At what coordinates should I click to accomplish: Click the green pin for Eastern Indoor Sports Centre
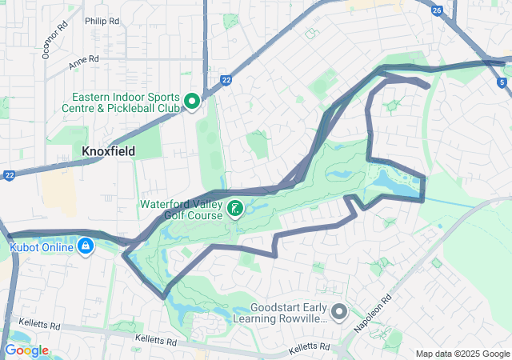point(192,101)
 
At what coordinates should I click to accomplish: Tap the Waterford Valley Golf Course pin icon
point(235,210)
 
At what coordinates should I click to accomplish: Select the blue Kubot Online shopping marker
point(86,247)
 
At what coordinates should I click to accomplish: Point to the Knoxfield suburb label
point(109,151)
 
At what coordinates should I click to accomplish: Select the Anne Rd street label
point(83,60)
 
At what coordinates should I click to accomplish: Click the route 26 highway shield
point(436,10)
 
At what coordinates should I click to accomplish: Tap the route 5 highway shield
point(502,82)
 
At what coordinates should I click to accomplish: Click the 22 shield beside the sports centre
point(227,80)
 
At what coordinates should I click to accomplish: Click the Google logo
point(26,350)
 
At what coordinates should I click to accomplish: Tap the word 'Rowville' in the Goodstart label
point(303,318)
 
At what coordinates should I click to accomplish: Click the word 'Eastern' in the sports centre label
point(94,96)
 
